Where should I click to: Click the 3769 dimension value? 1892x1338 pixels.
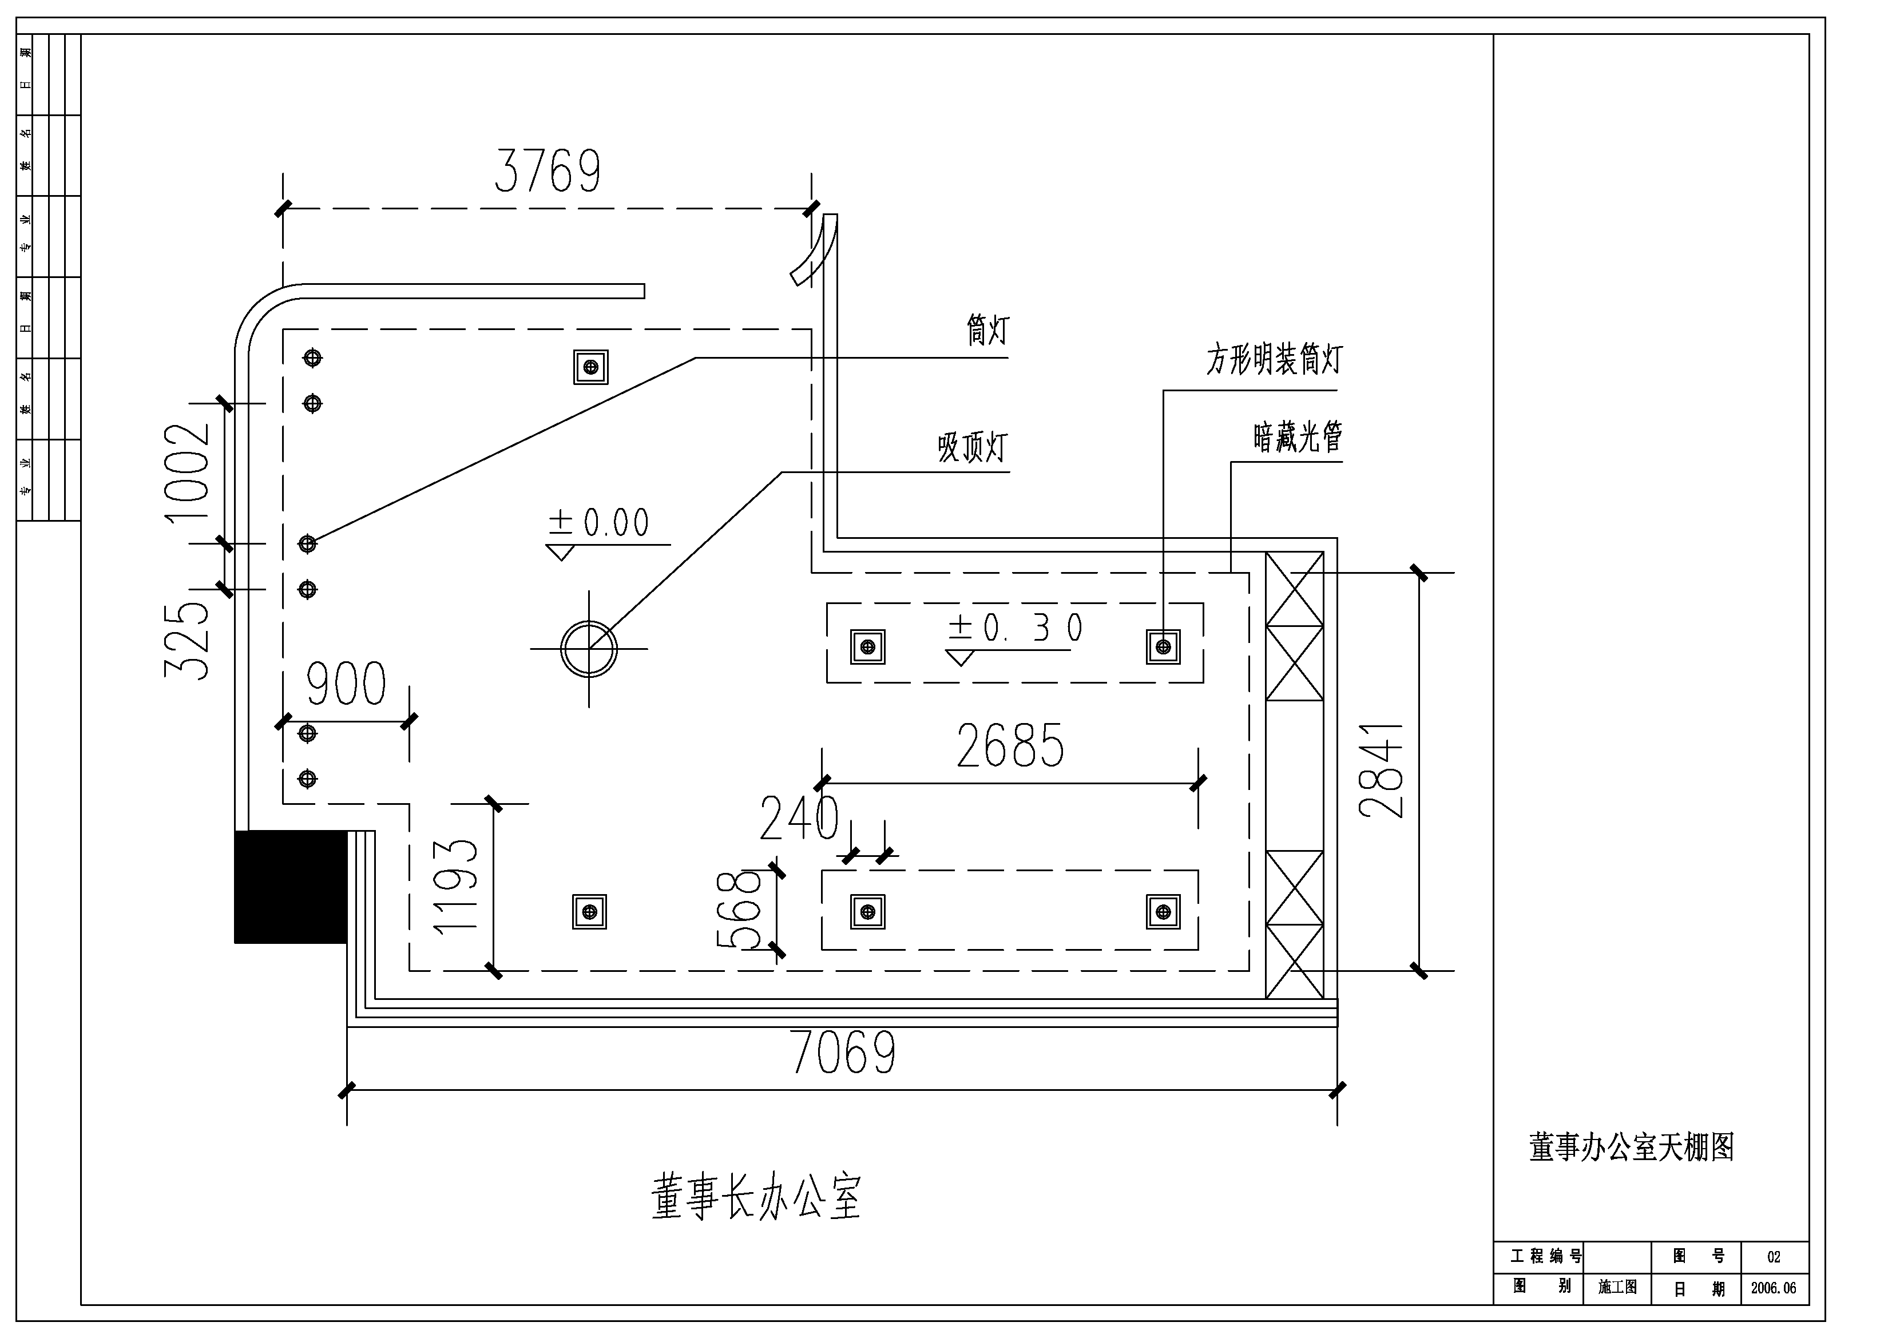(x=547, y=172)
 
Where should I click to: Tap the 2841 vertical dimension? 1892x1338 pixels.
(x=1381, y=771)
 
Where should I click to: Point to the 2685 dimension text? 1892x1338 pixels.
(x=1010, y=745)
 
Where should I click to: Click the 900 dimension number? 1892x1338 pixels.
(x=346, y=684)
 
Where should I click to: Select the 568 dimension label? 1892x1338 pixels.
(x=739, y=910)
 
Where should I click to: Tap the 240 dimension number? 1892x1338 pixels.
(x=799, y=818)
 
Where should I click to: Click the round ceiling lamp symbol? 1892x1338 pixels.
(x=588, y=648)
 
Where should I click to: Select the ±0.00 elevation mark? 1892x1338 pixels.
(x=599, y=522)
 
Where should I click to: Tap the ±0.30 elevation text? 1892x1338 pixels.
(x=1015, y=628)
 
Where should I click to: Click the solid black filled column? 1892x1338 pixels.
(x=290, y=887)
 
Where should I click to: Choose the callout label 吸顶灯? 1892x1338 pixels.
(x=973, y=447)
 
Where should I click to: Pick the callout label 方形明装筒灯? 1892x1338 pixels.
(x=1274, y=359)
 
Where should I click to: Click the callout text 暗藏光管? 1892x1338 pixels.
(x=1298, y=436)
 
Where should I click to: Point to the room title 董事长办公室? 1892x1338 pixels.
(x=756, y=1197)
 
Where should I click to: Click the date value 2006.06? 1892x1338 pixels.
(x=1774, y=1288)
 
